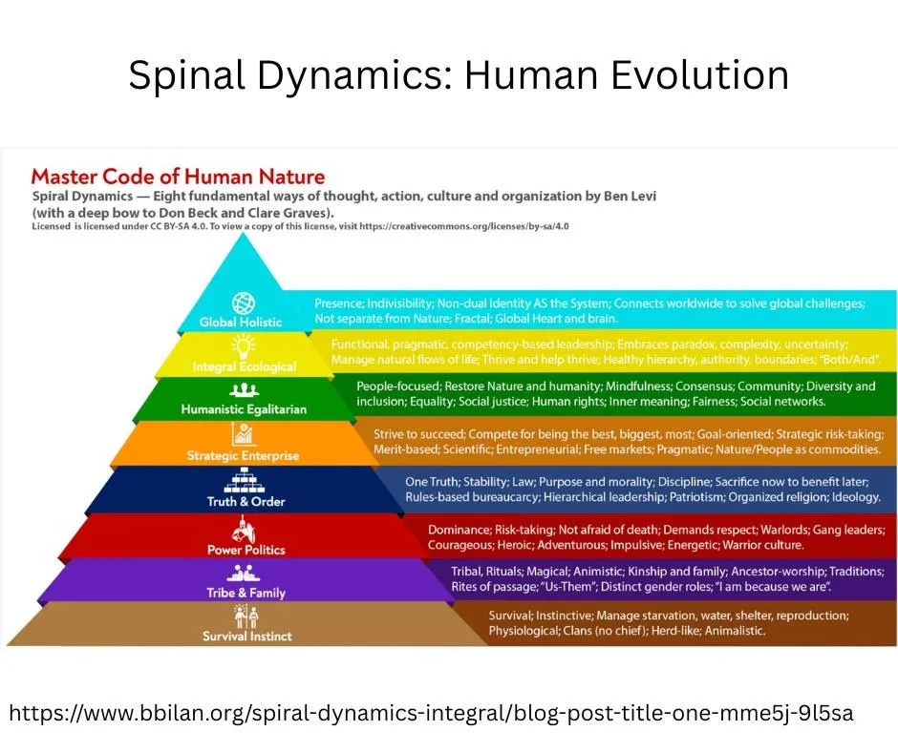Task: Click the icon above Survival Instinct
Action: coord(246,616)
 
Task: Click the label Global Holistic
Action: coord(241,323)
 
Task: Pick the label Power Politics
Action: coord(246,550)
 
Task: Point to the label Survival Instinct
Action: coord(246,637)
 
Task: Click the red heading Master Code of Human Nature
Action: coord(178,177)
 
